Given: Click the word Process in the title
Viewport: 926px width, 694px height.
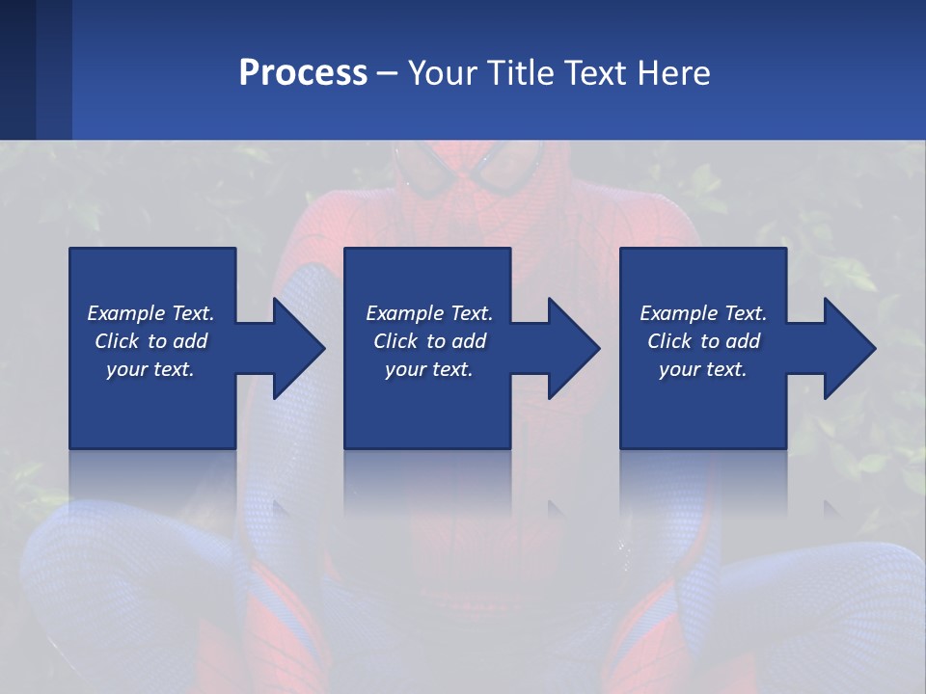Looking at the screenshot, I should tap(303, 73).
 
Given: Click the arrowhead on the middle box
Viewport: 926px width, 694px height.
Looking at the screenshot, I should tap(573, 348).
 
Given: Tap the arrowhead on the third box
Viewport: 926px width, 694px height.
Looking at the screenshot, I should tap(849, 348).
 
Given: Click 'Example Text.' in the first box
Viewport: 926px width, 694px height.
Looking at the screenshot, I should tap(150, 313).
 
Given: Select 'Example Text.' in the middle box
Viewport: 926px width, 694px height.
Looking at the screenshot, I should tap(429, 313).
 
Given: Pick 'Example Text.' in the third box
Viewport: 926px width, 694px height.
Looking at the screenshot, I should tap(703, 313).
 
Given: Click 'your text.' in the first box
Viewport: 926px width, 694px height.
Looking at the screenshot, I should tap(150, 369).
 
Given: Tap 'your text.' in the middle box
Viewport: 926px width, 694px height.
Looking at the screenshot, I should tap(429, 369).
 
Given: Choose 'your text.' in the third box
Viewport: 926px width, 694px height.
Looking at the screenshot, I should tap(703, 369).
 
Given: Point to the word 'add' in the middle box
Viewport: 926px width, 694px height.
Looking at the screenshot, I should tap(468, 341).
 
